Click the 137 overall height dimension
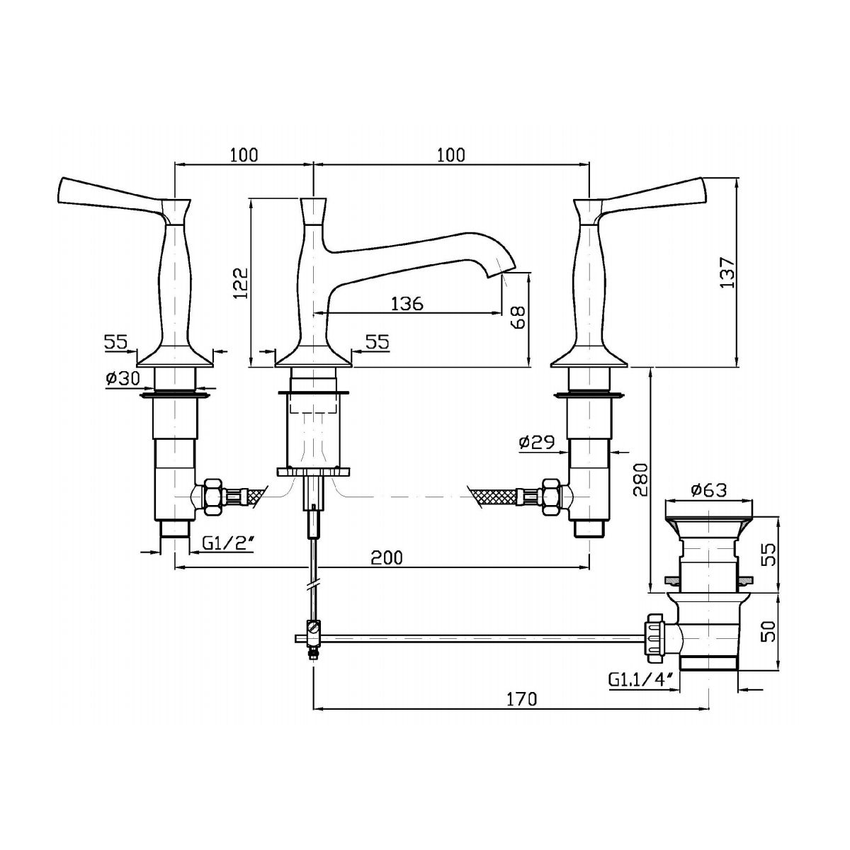(728, 272)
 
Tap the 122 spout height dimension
(241, 283)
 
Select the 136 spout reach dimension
(407, 303)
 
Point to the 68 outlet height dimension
(519, 317)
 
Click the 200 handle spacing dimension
(387, 557)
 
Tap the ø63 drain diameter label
(709, 489)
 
